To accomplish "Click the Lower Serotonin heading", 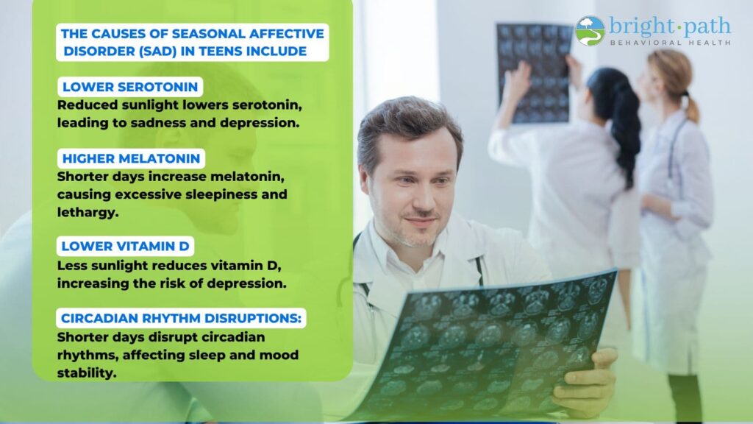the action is pos(130,87).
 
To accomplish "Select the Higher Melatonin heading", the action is pos(131,159).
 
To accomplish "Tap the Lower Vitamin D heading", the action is pos(125,246).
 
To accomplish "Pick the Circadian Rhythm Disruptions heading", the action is pos(181,318).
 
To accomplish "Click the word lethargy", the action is pos(88,213).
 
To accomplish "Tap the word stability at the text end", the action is pos(87,372).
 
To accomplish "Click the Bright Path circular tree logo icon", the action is pos(590,31).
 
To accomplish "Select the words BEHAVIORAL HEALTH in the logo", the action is pos(671,43).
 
